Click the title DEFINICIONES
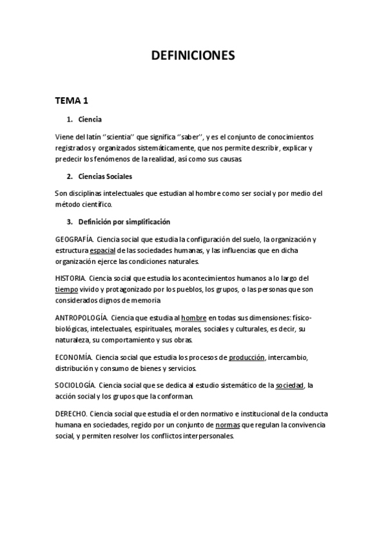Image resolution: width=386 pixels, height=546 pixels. coord(193,56)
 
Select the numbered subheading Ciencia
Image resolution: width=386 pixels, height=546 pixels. coord(90,119)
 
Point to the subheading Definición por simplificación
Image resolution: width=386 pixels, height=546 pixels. coord(124,222)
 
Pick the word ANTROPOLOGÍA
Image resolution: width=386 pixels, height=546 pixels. coord(81,318)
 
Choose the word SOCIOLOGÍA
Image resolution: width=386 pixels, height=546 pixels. coord(76,385)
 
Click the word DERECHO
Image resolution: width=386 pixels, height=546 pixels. coord(71,413)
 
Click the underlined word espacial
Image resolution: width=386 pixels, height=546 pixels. coord(103,250)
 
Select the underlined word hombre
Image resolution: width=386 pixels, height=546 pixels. coord(194,318)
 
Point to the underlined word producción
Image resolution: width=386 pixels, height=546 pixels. coord(247,357)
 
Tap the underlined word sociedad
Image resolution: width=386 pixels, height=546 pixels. coord(289,385)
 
